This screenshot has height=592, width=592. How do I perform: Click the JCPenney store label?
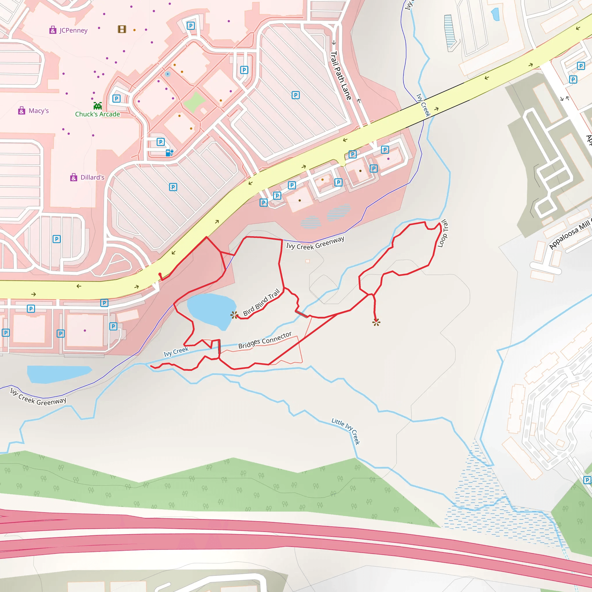73,30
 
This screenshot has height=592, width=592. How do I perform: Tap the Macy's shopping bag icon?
21,111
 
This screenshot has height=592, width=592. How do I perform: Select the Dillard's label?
92,177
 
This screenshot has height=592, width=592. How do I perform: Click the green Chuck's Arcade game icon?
98,106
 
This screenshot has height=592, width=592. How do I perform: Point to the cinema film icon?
122,29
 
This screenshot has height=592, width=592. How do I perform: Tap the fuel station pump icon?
169,153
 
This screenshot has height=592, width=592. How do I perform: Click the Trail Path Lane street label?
341,75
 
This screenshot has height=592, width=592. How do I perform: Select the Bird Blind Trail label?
261,302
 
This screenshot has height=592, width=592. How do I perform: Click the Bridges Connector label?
265,340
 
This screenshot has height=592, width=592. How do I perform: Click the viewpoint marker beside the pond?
234,315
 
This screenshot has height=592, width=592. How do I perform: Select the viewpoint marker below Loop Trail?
376,322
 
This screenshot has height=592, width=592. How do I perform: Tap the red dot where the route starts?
160,274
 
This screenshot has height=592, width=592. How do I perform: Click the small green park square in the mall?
194,101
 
